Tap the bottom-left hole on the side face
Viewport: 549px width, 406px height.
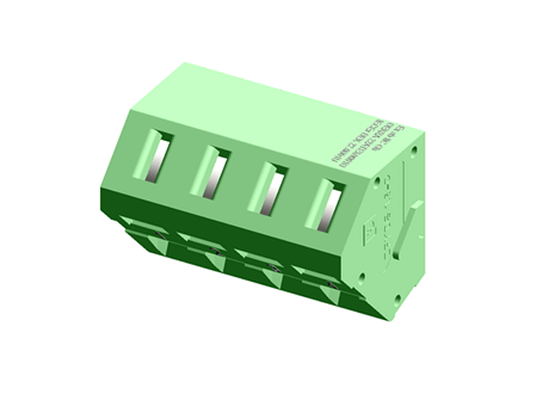(363, 279)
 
